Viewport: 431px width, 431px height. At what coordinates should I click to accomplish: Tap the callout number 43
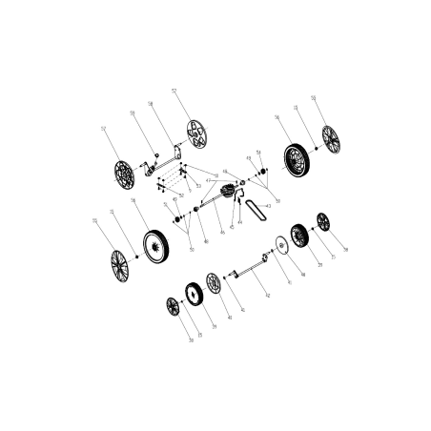point(270,205)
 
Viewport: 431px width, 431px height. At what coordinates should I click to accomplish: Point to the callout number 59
point(133,113)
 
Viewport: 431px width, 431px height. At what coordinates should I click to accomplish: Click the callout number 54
point(258,152)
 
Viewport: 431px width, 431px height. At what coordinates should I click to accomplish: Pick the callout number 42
point(267,298)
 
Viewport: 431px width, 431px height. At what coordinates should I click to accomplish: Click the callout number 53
point(198,186)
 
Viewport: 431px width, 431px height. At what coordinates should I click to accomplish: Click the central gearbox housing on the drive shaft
point(229,195)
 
